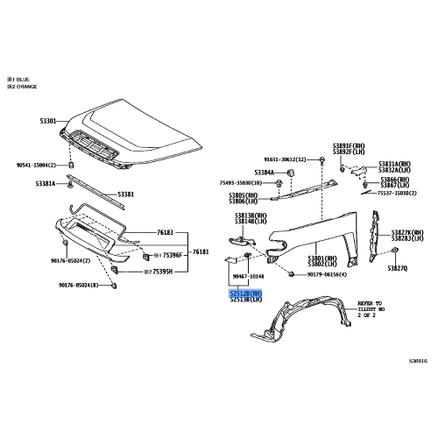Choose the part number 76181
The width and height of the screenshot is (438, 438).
tap(202, 251)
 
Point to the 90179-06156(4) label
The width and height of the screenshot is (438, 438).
tap(326, 275)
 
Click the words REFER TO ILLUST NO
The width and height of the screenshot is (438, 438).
tap(371, 307)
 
